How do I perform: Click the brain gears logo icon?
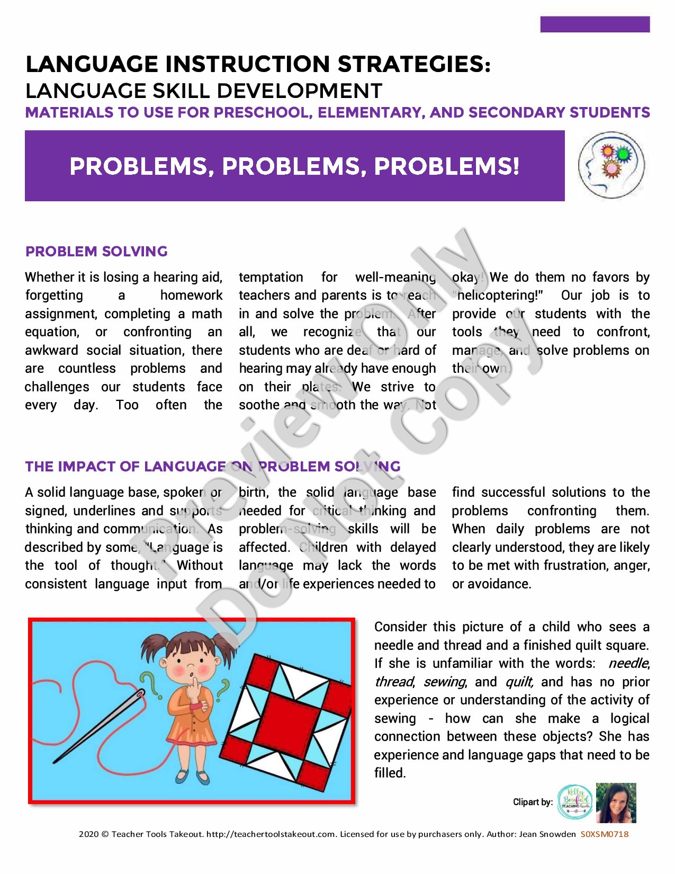(611, 165)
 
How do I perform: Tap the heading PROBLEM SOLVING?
(96, 251)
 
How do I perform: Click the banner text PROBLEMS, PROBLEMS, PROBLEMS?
(294, 166)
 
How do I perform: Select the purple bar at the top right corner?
(595, 24)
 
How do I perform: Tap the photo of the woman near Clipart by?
(616, 802)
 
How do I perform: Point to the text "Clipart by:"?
(533, 802)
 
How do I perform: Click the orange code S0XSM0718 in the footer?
(605, 834)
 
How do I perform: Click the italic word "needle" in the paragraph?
(628, 663)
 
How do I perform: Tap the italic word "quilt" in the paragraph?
(519, 682)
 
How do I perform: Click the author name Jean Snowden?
(547, 834)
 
